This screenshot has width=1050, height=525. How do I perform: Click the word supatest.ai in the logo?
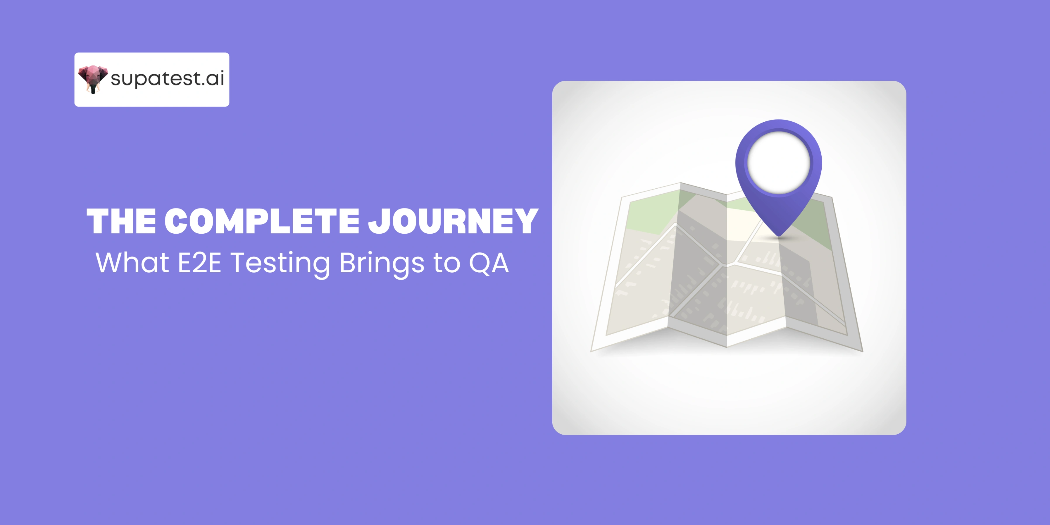(x=167, y=79)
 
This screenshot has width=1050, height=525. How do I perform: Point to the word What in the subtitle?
(x=132, y=263)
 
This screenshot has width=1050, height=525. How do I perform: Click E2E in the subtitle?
(x=199, y=263)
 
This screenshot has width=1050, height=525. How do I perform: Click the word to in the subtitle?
(x=447, y=263)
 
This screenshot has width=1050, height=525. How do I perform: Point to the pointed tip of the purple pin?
(x=779, y=236)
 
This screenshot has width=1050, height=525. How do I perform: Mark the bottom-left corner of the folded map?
(x=592, y=351)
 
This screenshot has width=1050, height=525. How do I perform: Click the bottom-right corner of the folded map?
(x=863, y=351)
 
